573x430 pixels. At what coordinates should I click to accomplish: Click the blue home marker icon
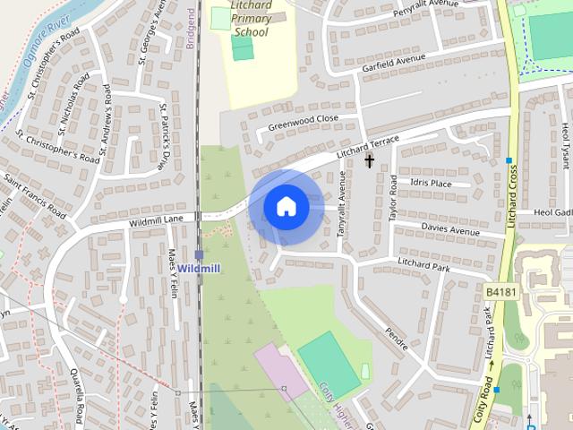(286, 207)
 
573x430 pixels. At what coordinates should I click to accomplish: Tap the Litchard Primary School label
(251, 19)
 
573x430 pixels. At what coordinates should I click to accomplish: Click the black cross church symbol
(369, 161)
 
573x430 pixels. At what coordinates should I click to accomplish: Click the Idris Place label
(431, 184)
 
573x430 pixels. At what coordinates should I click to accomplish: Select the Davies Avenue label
(450, 230)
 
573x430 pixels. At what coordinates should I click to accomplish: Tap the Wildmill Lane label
(156, 219)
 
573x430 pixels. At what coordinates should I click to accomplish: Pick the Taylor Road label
(392, 198)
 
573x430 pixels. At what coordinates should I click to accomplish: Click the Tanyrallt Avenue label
(341, 215)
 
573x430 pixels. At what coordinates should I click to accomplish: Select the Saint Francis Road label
(33, 196)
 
